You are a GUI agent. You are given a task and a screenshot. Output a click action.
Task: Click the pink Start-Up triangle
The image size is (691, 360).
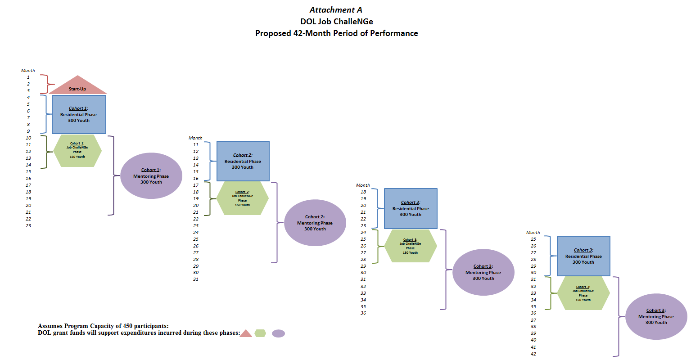pyautogui.click(x=78, y=87)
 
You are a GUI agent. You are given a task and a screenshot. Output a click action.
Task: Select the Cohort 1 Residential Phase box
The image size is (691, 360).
pyautogui.click(x=79, y=114)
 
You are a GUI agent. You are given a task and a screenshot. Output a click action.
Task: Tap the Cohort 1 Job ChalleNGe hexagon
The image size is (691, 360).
pyautogui.click(x=77, y=150)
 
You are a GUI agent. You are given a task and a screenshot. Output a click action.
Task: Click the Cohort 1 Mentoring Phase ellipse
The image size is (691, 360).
pyautogui.click(x=151, y=176)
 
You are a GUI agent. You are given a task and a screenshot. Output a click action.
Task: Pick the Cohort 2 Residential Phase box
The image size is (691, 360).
pyautogui.click(x=243, y=161)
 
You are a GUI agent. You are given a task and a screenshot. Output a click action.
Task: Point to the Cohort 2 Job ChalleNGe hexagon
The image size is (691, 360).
pyautogui.click(x=243, y=198)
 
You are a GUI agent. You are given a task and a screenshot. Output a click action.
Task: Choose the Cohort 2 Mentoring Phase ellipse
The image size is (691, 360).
pyautogui.click(x=315, y=223)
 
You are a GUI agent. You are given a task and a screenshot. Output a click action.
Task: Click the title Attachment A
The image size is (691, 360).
pyautogui.click(x=336, y=10)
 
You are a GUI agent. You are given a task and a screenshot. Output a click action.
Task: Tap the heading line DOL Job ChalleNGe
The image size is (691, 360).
pyautogui.click(x=336, y=22)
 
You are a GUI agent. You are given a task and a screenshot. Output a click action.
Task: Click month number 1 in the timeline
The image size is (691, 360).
pyautogui.click(x=28, y=77)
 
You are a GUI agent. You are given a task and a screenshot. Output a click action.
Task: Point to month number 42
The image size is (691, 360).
pyautogui.click(x=533, y=354)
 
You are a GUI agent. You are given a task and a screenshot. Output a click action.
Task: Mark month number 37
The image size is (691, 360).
pyautogui.click(x=533, y=320)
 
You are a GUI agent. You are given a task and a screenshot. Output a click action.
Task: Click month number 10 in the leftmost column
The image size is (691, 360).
pyautogui.click(x=28, y=138)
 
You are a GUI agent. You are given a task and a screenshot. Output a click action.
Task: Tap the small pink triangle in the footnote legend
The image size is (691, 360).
pyautogui.click(x=246, y=334)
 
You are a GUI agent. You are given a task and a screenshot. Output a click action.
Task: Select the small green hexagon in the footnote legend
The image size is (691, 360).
pyautogui.click(x=260, y=333)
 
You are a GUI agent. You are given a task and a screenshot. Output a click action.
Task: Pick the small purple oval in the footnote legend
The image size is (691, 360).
pyautogui.click(x=279, y=333)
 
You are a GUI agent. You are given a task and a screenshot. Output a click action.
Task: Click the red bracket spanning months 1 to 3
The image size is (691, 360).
pyautogui.click(x=48, y=84)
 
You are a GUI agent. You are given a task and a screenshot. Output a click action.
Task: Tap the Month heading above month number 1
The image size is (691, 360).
pyautogui.click(x=28, y=71)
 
